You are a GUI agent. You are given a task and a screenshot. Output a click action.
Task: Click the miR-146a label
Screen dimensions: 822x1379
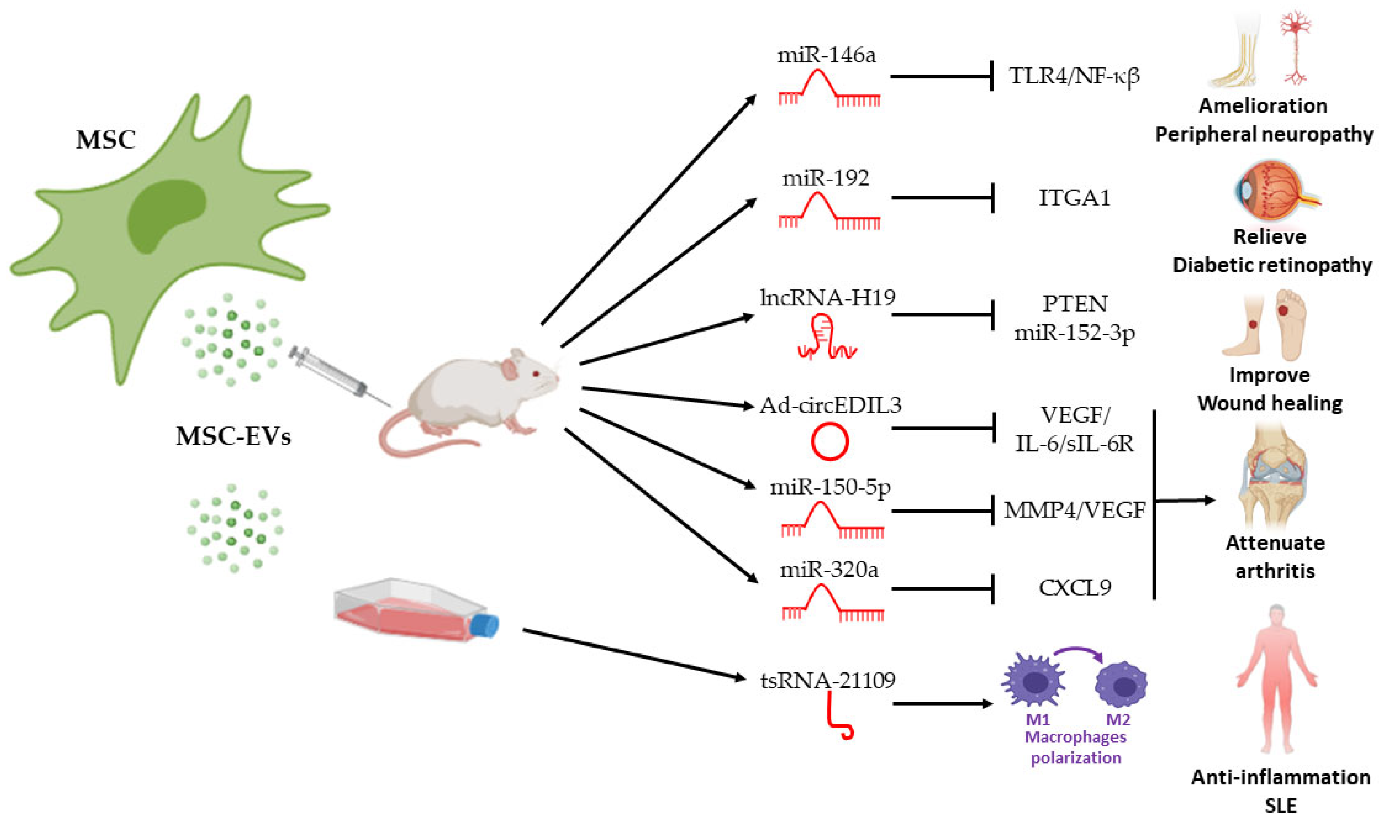(x=826, y=55)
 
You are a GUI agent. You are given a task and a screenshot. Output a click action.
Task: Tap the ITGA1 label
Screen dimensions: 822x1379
(x=1075, y=198)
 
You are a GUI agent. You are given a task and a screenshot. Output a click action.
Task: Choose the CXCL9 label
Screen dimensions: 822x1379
(x=1075, y=588)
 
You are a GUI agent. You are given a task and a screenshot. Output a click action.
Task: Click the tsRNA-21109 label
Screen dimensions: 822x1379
(x=827, y=680)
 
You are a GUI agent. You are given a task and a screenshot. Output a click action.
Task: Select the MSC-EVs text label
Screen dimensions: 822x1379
(x=233, y=436)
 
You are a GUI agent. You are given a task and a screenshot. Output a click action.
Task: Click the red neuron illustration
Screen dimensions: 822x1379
(x=1296, y=47)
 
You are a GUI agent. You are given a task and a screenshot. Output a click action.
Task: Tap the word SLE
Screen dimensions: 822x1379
(x=1281, y=806)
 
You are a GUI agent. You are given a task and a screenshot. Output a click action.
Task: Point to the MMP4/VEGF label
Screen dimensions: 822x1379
(x=1075, y=510)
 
